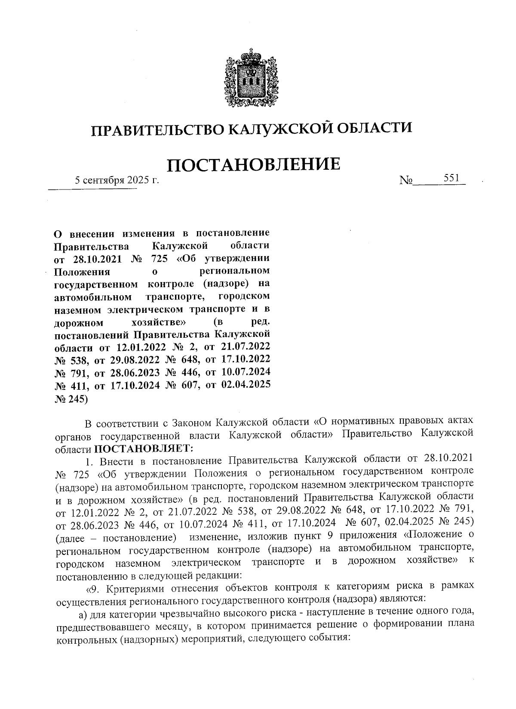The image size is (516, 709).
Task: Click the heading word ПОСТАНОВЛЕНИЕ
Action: (x=254, y=165)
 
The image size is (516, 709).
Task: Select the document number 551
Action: (x=451, y=177)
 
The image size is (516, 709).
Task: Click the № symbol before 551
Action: (x=405, y=181)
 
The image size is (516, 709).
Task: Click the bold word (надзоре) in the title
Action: (x=225, y=284)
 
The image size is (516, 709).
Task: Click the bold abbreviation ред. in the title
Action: (x=260, y=321)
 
